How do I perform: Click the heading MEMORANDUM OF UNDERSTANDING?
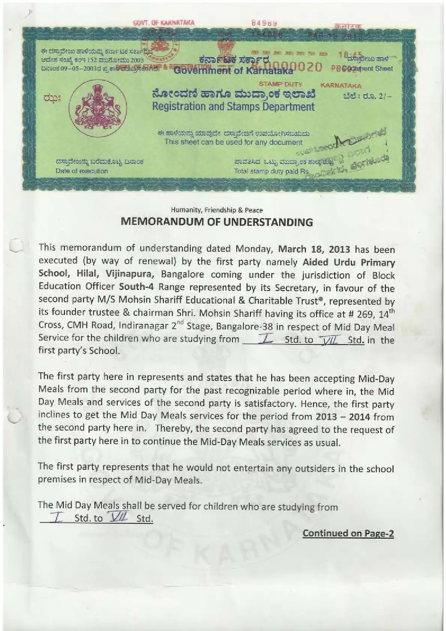point(217,222)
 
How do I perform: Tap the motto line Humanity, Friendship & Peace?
point(217,210)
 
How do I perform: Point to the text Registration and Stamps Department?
point(233,106)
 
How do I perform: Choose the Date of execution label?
point(82,171)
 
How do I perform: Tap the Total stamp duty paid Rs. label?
point(272,171)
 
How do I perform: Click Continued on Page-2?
point(348,533)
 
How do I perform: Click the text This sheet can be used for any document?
point(233,142)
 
